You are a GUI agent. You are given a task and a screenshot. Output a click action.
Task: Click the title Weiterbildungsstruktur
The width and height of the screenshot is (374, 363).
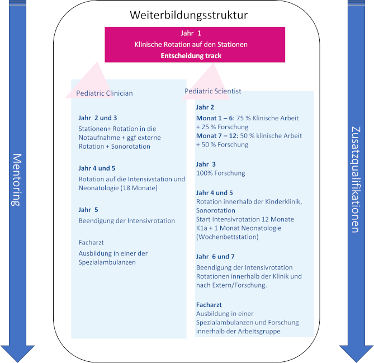pos(188,15)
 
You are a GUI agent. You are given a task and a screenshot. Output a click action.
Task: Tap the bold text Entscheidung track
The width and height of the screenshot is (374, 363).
pos(191,56)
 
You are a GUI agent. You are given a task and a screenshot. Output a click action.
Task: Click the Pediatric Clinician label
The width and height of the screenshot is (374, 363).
pos(105,93)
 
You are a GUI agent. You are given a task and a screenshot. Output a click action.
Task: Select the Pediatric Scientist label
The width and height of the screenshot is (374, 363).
pos(213,91)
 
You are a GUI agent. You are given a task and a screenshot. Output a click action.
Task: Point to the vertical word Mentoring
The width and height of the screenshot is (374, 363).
pos(17,180)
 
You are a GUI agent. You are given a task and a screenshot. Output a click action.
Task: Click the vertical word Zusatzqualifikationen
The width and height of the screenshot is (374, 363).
pos(356,180)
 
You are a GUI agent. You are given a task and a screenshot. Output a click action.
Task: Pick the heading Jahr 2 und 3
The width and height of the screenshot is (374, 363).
pos(98,118)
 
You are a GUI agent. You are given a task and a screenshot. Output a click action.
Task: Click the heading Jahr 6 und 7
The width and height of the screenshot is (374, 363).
pos(215,257)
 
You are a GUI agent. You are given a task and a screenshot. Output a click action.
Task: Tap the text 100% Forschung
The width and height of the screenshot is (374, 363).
pos(221,173)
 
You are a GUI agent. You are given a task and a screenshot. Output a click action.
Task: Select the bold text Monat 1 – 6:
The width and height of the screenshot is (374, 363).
pos(215,118)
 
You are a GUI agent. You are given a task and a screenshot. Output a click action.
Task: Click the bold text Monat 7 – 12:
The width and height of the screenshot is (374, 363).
pos(217,136)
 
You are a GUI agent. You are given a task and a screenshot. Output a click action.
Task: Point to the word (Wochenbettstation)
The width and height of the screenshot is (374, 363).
pos(228,237)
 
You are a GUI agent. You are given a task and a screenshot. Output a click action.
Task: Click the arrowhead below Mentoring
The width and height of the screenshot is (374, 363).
pos(17,353)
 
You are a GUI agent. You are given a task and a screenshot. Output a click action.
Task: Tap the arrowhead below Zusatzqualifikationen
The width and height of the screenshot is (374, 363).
pos(356,353)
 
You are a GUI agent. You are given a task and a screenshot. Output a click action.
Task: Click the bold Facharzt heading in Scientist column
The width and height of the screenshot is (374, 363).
pos(209,305)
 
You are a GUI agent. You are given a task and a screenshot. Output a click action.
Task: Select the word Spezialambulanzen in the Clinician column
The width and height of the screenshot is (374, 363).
pos(107,262)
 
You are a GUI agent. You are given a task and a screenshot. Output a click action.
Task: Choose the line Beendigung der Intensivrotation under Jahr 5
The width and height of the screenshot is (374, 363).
pos(127,221)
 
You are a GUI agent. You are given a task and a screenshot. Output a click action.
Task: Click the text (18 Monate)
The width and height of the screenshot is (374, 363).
pos(139,188)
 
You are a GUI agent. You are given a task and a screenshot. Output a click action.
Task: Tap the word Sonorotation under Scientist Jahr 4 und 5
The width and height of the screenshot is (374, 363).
pos(216,210)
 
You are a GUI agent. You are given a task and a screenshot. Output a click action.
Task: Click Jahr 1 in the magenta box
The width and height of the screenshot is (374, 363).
pos(191,33)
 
